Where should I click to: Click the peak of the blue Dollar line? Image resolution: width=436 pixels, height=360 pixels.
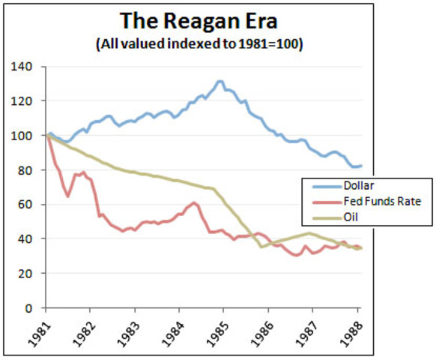click(220, 81)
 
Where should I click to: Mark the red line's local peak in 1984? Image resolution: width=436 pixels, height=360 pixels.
click(194, 202)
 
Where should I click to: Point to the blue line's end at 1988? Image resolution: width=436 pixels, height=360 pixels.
click(360, 166)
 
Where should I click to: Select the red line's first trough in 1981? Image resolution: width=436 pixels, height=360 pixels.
click(68, 196)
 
